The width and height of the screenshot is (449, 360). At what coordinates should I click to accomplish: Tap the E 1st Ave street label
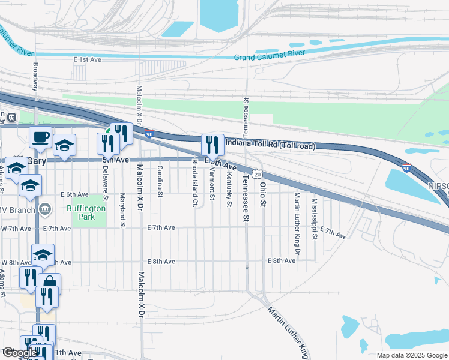(x=88, y=60)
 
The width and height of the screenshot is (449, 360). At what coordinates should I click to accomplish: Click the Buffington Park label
(x=89, y=212)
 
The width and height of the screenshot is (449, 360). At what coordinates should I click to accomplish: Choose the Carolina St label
(x=160, y=181)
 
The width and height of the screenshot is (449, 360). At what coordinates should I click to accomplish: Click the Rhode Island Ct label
(x=195, y=175)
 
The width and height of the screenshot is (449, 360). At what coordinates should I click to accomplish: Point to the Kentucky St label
(x=229, y=190)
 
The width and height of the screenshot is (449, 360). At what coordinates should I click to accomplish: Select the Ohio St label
(x=262, y=195)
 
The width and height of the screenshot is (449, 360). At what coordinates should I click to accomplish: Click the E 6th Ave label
(x=74, y=194)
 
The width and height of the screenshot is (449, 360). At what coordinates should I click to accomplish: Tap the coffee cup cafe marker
(x=41, y=137)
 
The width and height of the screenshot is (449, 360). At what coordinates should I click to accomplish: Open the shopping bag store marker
(x=50, y=284)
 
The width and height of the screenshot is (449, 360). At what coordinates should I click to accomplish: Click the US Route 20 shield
(x=257, y=174)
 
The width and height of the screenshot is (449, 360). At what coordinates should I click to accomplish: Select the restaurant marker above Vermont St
(x=212, y=144)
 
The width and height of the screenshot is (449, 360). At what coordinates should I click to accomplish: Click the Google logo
(x=20, y=353)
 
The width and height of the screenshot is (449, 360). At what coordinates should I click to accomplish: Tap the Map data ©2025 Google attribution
(x=411, y=355)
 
